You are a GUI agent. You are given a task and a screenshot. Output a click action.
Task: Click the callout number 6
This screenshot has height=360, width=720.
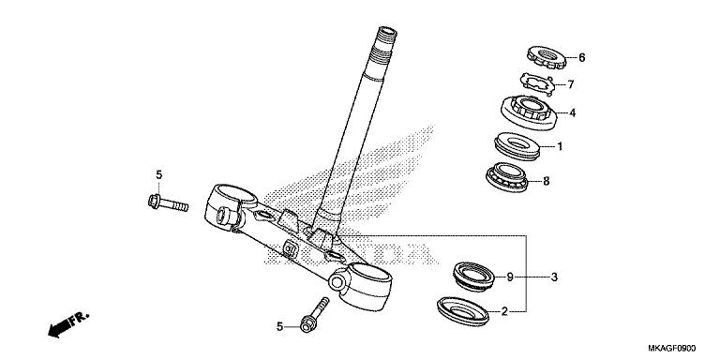point(581,58)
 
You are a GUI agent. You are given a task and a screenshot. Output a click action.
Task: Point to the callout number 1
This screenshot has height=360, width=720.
point(560,146)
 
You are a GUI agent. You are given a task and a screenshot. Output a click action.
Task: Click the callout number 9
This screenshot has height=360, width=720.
point(510,277)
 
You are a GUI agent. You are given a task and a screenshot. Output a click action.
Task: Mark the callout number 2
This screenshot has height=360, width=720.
point(504,310)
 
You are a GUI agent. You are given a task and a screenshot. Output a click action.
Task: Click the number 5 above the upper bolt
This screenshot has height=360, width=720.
point(158,175)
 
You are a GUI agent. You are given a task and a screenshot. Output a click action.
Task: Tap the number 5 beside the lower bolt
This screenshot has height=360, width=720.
point(278,326)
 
